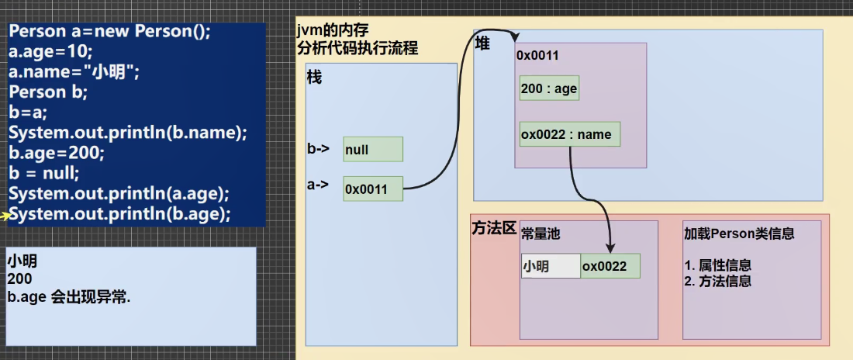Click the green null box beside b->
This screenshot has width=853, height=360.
tap(373, 149)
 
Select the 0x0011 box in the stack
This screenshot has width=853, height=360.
tap(373, 189)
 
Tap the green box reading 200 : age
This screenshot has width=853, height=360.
tap(550, 88)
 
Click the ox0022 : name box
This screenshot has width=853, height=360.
tap(570, 134)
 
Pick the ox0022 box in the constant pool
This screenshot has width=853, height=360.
tap(610, 266)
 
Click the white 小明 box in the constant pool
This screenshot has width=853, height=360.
tap(551, 266)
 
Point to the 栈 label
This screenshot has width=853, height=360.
tap(314, 78)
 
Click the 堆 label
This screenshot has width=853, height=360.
tap(482, 43)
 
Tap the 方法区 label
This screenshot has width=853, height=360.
tap(494, 228)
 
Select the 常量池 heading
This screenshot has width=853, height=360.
tap(540, 234)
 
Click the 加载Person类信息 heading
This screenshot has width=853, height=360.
tap(739, 234)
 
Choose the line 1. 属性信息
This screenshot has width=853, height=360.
tap(717, 265)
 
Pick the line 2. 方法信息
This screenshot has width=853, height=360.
tap(717, 281)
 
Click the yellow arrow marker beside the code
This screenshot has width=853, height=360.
tap(5, 216)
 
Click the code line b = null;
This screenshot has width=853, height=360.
tap(44, 174)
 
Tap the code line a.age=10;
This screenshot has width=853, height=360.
tap(51, 52)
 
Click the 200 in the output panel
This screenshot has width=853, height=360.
tap(19, 279)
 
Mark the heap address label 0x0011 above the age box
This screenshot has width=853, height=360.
tap(537, 56)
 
